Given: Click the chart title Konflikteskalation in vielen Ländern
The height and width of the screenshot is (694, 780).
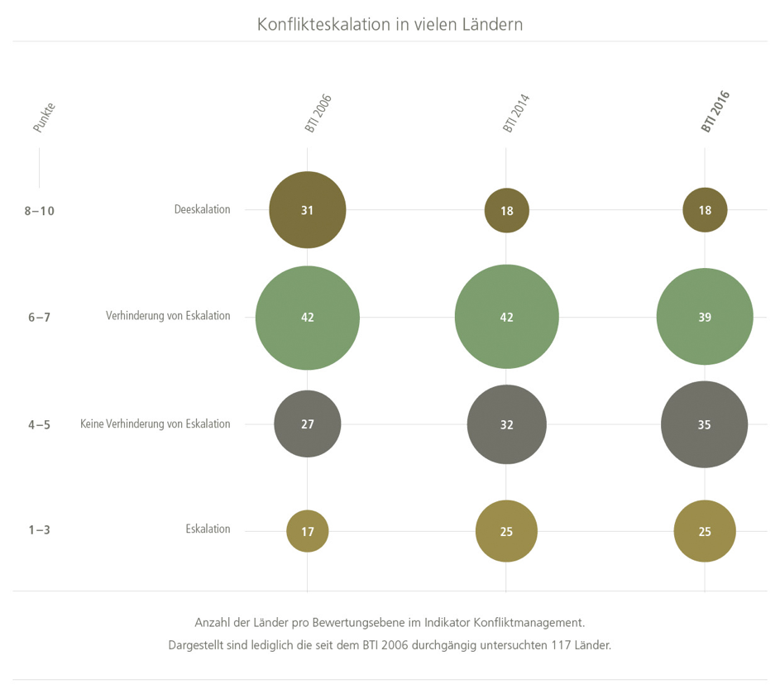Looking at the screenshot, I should click(x=390, y=24).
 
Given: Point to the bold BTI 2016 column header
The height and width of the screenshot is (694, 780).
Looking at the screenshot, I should click(x=715, y=112).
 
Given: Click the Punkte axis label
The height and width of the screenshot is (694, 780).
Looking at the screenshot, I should click(x=44, y=117).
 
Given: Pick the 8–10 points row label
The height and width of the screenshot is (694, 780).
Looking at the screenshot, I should click(x=40, y=211).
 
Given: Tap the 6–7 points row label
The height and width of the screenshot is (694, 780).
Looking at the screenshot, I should click(x=39, y=318).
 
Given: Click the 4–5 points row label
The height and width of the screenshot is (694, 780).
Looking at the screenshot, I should click(x=39, y=425).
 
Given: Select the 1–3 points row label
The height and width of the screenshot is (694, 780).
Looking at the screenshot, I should click(x=39, y=530).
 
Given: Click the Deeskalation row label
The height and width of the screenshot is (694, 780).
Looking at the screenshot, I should click(x=202, y=210).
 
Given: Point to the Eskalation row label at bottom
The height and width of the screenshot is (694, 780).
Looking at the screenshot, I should click(x=208, y=529).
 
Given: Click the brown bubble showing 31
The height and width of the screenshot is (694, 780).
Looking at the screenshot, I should click(x=308, y=210).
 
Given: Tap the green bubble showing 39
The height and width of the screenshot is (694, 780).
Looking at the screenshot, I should click(x=705, y=317).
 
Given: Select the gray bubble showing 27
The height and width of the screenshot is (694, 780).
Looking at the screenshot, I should click(x=308, y=424).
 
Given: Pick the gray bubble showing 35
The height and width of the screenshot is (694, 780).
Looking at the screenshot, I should click(x=705, y=424).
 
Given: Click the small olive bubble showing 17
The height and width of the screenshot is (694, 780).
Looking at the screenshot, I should click(x=308, y=531).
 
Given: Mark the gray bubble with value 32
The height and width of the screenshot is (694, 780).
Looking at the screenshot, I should click(x=506, y=424).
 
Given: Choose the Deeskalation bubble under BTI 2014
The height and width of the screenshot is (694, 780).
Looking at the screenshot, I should click(x=506, y=210).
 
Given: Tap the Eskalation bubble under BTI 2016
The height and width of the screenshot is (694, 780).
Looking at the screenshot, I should click(x=705, y=531).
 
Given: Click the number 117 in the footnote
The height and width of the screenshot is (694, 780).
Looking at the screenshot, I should click(x=562, y=644).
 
